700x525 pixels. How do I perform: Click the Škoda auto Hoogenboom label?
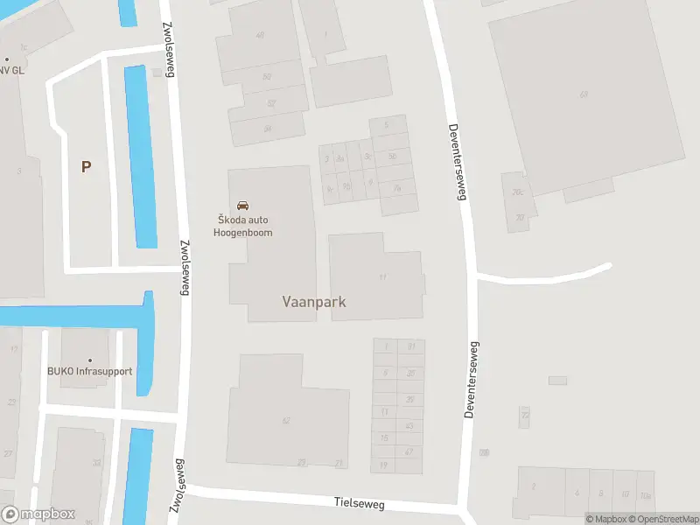click(243, 226)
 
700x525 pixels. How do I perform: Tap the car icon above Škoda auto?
click(243, 206)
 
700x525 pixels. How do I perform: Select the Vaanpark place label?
click(314, 302)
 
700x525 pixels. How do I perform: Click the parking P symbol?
click(86, 166)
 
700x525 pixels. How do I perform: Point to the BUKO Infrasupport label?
click(89, 371)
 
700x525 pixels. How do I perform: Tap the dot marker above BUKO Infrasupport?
click(89, 359)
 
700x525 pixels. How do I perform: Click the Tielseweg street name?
click(360, 504)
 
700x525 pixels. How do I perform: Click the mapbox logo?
click(38, 514)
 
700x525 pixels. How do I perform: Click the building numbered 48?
click(259, 36)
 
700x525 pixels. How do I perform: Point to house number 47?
click(409, 451)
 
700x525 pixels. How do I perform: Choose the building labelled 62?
click(285, 421)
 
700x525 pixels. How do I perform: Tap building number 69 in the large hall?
click(583, 94)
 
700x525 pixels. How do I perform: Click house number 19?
click(384, 465)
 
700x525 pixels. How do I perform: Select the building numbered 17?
click(382, 277)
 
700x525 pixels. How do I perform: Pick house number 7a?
click(396, 187)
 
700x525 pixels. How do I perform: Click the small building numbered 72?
click(524, 416)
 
